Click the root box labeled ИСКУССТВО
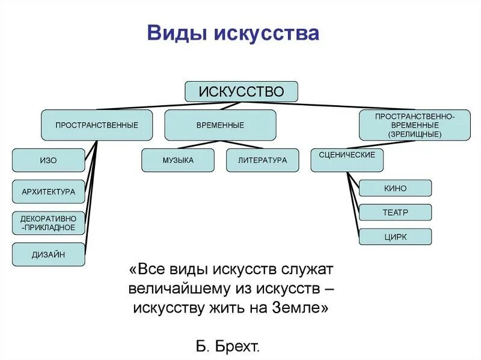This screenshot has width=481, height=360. point(241,92)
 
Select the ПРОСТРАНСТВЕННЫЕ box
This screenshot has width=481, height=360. point(97,125)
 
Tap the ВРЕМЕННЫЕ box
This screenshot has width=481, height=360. point(220,125)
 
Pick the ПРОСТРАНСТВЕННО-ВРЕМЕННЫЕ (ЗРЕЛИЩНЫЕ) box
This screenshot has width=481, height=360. point(415,125)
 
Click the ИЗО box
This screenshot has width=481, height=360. point(49,160)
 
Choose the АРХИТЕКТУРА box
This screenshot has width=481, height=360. point(49,192)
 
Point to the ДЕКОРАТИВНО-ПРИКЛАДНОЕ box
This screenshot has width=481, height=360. point(49,223)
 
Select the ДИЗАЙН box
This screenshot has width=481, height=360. point(49,254)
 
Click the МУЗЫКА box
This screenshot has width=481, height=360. point(178,160)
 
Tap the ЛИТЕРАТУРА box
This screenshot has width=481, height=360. point(262,160)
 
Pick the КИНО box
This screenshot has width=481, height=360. point(395,188)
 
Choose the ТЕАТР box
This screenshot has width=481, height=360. point(395,212)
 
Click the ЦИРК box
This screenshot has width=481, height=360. point(395,237)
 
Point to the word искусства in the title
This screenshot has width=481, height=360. point(266,34)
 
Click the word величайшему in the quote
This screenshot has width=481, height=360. point(178,287)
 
